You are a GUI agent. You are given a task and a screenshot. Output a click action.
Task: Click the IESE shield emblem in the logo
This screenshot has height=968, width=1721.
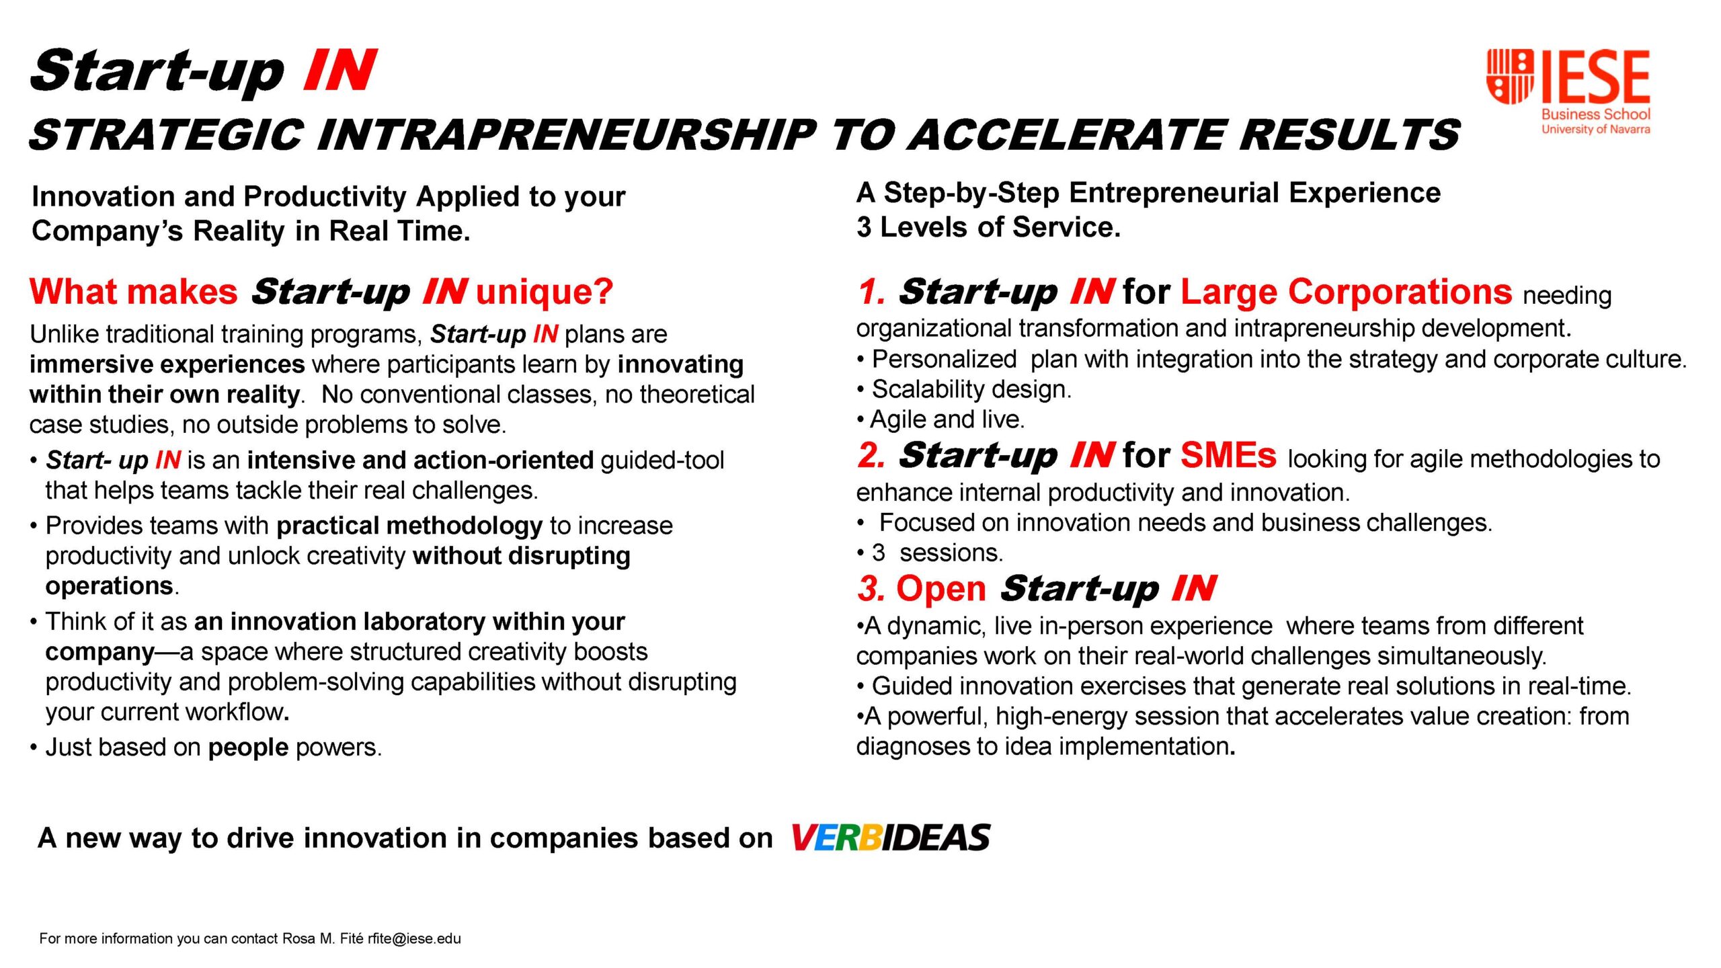pos(1510,77)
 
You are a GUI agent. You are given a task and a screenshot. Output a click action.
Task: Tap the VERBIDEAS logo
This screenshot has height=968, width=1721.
pos(890,838)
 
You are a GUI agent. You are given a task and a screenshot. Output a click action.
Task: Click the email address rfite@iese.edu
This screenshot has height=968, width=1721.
pos(414,938)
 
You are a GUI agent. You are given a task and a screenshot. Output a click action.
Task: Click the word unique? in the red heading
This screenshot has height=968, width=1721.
pos(545,292)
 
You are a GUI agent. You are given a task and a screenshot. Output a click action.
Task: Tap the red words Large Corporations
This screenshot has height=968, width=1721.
pos(1346,292)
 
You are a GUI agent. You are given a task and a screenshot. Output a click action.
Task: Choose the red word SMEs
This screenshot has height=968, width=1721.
pos(1228,455)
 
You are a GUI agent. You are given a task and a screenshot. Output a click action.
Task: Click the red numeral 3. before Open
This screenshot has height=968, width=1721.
pos(871,589)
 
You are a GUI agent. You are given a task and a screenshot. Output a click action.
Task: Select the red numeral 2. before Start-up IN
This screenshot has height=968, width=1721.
pos(871,456)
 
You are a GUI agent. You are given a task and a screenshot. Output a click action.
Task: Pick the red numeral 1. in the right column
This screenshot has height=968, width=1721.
pos(871,292)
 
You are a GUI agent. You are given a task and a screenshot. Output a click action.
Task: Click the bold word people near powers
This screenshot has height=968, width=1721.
pos(248,748)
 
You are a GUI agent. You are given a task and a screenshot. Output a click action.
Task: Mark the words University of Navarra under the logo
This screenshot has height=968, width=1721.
pos(1595,129)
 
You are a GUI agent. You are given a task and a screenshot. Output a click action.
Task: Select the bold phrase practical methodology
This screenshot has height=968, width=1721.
pos(409,526)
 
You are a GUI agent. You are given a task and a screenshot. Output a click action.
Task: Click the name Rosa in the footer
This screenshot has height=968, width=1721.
pos(299,938)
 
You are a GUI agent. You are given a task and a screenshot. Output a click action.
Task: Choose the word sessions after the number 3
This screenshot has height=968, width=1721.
pos(951,553)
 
